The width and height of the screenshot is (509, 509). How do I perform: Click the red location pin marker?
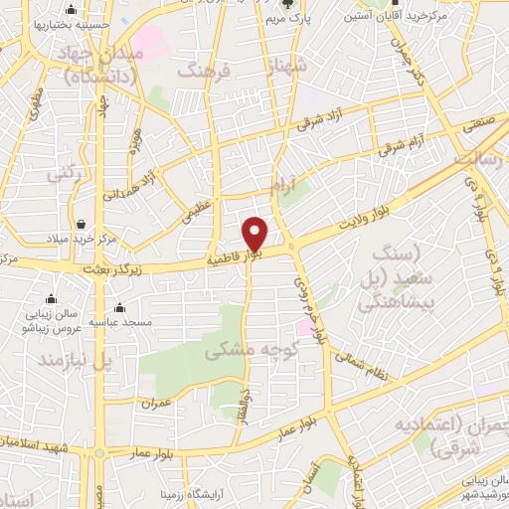tap(255, 235)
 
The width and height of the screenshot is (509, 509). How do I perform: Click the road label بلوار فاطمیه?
tap(235, 256)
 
